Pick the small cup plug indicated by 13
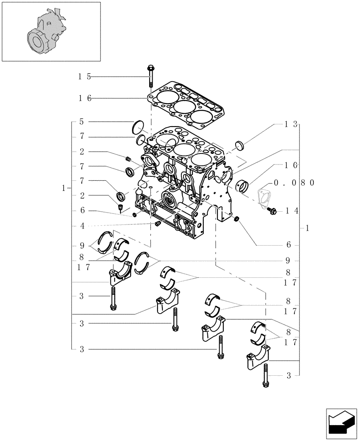click(x=240, y=144)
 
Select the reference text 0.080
click(x=293, y=182)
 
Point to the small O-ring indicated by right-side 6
click(x=237, y=219)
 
